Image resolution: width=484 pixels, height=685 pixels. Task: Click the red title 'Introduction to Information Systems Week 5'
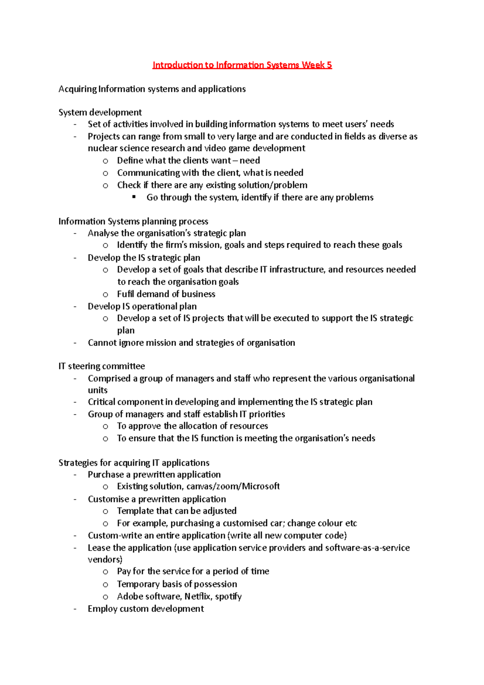pos(242,65)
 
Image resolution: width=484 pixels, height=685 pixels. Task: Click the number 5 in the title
pos(329,65)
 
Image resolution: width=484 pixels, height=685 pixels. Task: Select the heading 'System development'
pos(100,112)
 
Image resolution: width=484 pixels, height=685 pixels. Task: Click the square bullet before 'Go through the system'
pos(134,197)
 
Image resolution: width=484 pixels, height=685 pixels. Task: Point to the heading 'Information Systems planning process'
pos(133,221)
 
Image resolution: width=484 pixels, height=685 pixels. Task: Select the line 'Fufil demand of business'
pos(166,294)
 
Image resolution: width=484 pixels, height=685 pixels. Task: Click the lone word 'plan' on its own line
pos(126,330)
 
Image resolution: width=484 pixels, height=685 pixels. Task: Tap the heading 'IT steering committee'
pos(102,366)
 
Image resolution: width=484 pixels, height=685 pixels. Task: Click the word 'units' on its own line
pos(98,390)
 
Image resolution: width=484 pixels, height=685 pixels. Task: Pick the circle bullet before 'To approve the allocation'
pos(105,426)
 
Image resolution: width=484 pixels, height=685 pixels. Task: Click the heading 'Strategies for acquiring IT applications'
pos(134,463)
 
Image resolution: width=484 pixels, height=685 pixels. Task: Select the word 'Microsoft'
pos(261,486)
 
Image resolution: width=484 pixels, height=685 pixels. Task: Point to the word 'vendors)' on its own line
pos(105,560)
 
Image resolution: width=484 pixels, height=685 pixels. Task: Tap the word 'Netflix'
pos(198,596)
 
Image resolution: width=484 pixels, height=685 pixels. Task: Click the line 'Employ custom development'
pos(146,609)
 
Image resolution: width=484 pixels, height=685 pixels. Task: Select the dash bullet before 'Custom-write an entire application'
pos(75,536)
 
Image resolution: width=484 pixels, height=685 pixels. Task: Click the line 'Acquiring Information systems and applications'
pos(152,89)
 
